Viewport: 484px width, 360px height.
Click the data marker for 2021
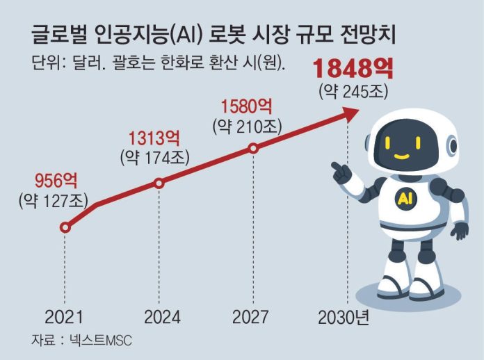pos(65,227)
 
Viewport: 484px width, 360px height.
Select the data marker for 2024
pos(159,183)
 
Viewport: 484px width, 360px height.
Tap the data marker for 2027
pos(253,148)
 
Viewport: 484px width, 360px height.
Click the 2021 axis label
pos(64,318)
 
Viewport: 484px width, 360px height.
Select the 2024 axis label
pos(162,318)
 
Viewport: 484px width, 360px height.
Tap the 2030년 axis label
pos(346,318)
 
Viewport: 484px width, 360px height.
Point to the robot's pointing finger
pos(334,167)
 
